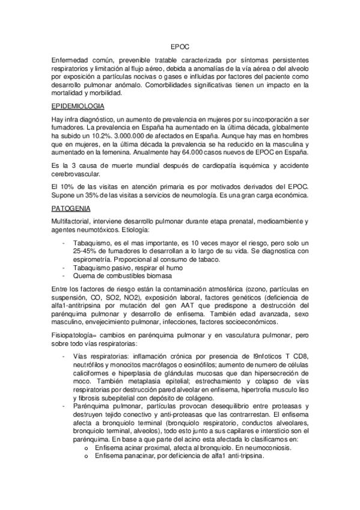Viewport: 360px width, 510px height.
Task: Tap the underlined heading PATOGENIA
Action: (72, 209)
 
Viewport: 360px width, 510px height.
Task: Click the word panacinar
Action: (140, 456)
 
